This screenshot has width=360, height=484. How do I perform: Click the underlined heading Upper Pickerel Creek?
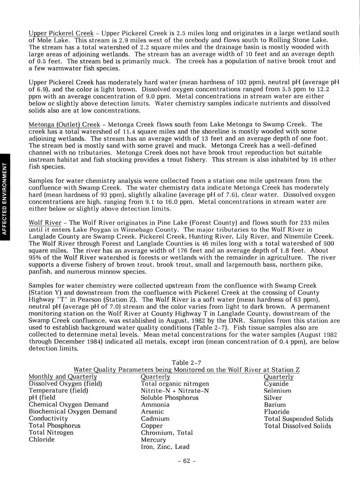(x=61, y=33)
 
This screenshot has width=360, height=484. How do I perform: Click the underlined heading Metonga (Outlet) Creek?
(x=64, y=125)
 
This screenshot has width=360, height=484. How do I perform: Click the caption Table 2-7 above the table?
(x=186, y=363)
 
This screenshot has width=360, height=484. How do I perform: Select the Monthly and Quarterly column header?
(x=63, y=377)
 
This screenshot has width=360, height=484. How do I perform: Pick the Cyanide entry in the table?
(x=276, y=384)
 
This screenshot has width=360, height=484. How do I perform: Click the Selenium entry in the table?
(x=277, y=391)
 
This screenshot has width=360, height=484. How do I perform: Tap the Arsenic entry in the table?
(x=152, y=412)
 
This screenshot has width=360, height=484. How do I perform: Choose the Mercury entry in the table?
(x=153, y=440)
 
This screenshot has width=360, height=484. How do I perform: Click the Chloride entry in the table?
(x=41, y=440)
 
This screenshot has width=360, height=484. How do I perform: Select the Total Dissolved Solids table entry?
(x=297, y=426)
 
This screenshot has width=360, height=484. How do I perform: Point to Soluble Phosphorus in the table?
(x=169, y=398)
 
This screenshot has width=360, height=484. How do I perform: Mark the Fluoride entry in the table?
(x=277, y=412)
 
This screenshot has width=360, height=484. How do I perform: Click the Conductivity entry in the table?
(x=48, y=419)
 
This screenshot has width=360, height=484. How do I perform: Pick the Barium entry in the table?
(x=274, y=405)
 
